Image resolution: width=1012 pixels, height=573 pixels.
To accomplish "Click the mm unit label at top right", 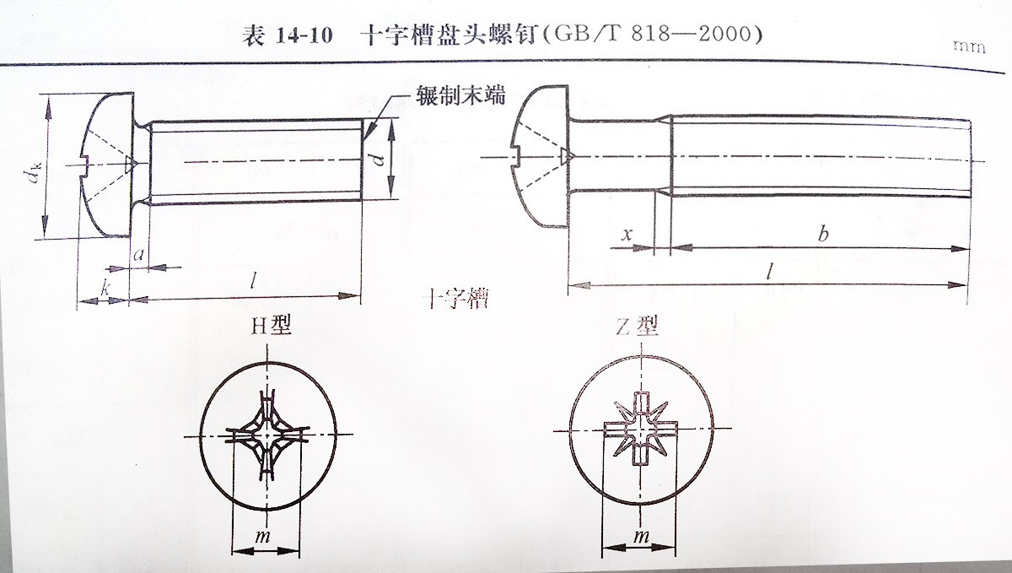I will [x=969, y=47].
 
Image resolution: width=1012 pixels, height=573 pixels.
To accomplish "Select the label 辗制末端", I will [x=460, y=95].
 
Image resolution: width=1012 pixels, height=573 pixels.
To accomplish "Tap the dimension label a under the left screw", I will [x=139, y=253].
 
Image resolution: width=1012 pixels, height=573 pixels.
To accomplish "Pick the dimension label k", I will [x=104, y=288].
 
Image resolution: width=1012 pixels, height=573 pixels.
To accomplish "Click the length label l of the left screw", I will [x=254, y=282].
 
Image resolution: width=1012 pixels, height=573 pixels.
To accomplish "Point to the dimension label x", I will [x=627, y=234].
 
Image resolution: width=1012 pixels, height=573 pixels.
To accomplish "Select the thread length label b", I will [x=822, y=234].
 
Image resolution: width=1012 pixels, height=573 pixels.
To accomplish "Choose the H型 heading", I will [x=270, y=324].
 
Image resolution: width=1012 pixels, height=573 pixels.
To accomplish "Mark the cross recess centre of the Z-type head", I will [x=642, y=431].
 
